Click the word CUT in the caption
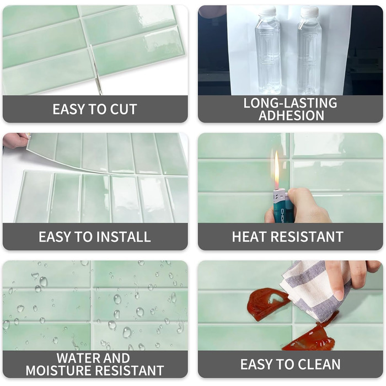124,109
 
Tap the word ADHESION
291,115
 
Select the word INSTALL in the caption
123,237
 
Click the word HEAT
249,237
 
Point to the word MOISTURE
58,371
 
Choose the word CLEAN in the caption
319,364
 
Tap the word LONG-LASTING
290,103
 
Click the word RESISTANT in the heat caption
307,237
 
